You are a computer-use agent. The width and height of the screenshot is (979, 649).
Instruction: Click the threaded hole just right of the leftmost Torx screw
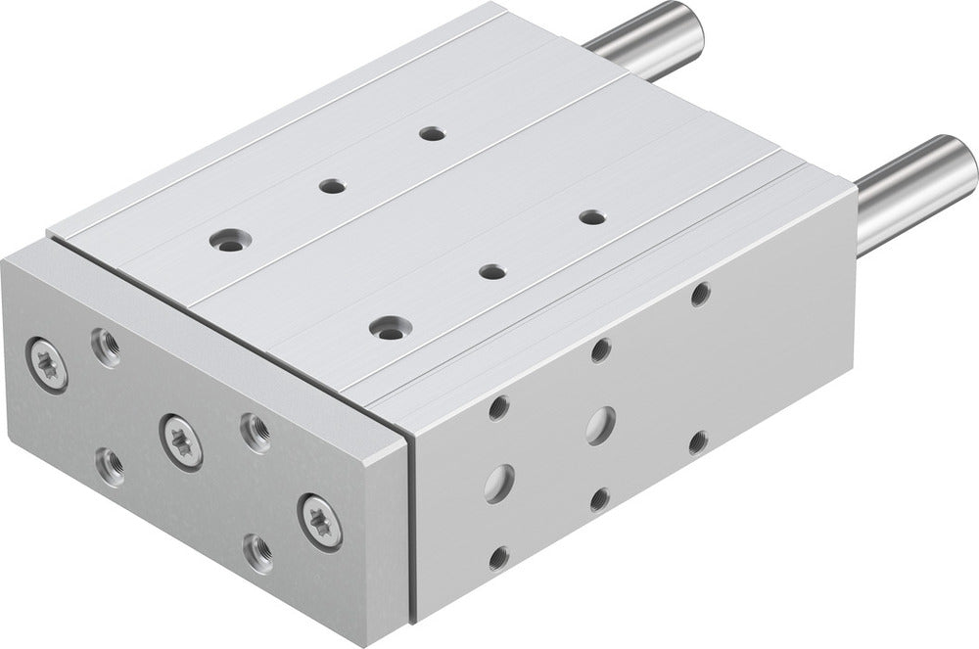click(x=106, y=347)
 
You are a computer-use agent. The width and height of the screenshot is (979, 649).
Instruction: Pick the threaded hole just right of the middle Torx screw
click(x=255, y=431)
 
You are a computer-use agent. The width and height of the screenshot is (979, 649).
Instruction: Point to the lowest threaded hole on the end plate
click(x=257, y=553)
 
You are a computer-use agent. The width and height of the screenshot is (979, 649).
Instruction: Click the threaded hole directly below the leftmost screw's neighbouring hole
click(x=111, y=465)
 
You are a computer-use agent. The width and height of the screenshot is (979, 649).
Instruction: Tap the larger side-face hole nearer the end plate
click(x=499, y=481)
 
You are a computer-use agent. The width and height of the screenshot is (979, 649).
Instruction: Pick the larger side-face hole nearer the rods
click(x=599, y=425)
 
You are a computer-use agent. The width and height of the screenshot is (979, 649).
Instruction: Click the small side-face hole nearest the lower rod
click(x=700, y=294)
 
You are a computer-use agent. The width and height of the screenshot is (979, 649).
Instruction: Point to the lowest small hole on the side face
click(x=498, y=557)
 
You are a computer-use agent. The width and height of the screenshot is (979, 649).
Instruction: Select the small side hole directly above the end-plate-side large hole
click(x=498, y=406)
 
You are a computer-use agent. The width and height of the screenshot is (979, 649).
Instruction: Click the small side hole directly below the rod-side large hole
click(x=599, y=500)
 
